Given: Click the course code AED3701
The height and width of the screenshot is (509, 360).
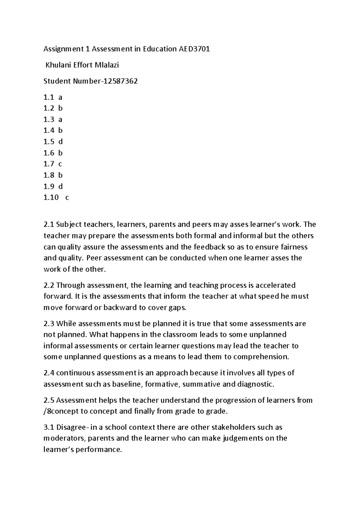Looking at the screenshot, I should [194, 49].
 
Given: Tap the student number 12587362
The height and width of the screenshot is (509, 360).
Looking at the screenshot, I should [121, 81].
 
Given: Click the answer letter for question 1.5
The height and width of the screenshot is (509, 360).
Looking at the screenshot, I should [60, 142].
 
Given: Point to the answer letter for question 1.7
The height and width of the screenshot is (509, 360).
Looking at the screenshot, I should [60, 164].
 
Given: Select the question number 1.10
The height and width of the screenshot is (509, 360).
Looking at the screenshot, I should [51, 197].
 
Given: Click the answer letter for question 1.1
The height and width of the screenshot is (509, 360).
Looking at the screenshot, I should [60, 97].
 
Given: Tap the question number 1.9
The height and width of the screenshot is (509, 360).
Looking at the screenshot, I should [49, 186].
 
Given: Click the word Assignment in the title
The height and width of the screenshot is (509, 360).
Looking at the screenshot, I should [62, 49].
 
